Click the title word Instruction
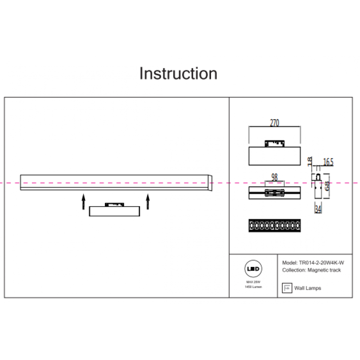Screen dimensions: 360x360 pyautogui.click(x=178, y=73)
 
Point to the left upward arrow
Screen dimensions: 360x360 pyautogui.click(x=83, y=202)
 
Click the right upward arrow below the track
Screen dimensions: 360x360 pyautogui.click(x=148, y=202)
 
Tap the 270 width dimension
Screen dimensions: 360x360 pyautogui.click(x=274, y=122)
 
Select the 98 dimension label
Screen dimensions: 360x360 pyautogui.click(x=274, y=177)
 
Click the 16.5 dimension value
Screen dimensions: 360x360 pyautogui.click(x=328, y=162)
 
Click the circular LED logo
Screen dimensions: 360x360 pyautogui.click(x=253, y=270)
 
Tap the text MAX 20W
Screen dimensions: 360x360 pyautogui.click(x=253, y=282)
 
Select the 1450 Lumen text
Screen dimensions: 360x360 pyautogui.click(x=253, y=287)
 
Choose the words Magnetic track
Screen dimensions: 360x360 pyautogui.click(x=324, y=270)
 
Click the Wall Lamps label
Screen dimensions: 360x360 pyautogui.click(x=307, y=288)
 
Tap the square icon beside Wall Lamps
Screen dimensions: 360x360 pyautogui.click(x=286, y=288)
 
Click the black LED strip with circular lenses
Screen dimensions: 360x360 pyautogui.click(x=274, y=225)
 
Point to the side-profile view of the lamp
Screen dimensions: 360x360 pyautogui.click(x=317, y=185)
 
